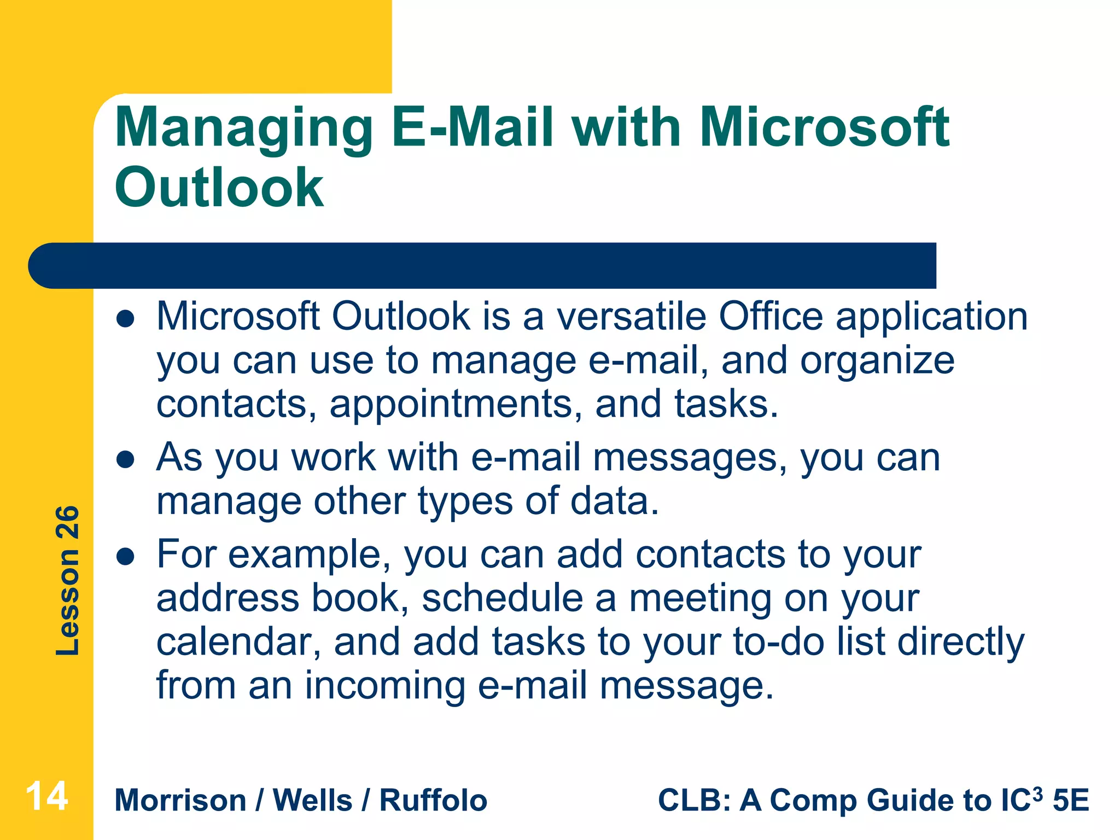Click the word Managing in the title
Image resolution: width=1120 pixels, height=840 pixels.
coord(243,129)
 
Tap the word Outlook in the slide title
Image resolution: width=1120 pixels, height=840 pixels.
coord(219,188)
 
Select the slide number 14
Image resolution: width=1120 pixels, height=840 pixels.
coord(46,796)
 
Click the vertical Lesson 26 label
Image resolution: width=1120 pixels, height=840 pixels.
coord(68,580)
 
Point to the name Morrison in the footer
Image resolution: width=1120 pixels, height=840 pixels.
coord(180,801)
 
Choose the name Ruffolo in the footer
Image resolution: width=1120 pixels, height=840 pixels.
coord(433,801)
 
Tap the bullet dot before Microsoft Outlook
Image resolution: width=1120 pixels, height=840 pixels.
coord(126,319)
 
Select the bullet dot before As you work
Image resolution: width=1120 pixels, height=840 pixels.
coord(126,460)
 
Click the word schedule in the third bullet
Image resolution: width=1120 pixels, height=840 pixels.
coord(502,598)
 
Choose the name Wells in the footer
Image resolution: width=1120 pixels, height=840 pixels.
coord(312,801)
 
